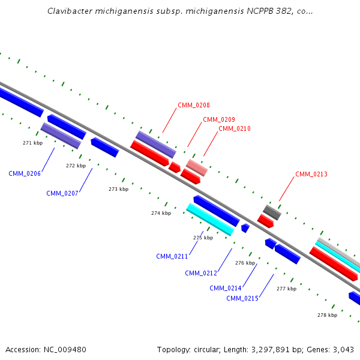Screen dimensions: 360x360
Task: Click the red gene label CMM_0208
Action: point(193,105)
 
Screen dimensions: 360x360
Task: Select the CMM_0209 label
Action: point(218,119)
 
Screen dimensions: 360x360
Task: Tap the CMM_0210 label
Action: point(234,128)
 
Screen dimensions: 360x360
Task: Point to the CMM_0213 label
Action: point(311,174)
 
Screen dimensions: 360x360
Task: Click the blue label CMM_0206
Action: point(25,173)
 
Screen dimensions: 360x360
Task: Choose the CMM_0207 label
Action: point(62,193)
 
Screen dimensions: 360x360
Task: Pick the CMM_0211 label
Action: point(172,256)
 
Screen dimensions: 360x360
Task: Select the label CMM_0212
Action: point(200,273)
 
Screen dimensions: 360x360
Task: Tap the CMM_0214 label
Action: point(225,288)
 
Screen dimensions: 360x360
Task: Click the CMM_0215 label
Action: point(242,298)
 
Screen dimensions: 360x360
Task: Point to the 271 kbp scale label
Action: point(33,143)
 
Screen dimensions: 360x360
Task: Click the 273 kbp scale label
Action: point(119,189)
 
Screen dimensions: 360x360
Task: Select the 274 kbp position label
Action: point(161,213)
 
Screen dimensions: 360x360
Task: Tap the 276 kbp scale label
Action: point(245,263)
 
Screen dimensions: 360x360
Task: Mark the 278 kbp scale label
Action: point(327,314)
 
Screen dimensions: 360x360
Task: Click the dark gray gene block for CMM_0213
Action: point(272,212)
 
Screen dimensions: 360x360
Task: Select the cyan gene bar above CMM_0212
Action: point(209,219)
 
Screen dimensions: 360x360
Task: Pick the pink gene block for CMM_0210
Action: point(197,167)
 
